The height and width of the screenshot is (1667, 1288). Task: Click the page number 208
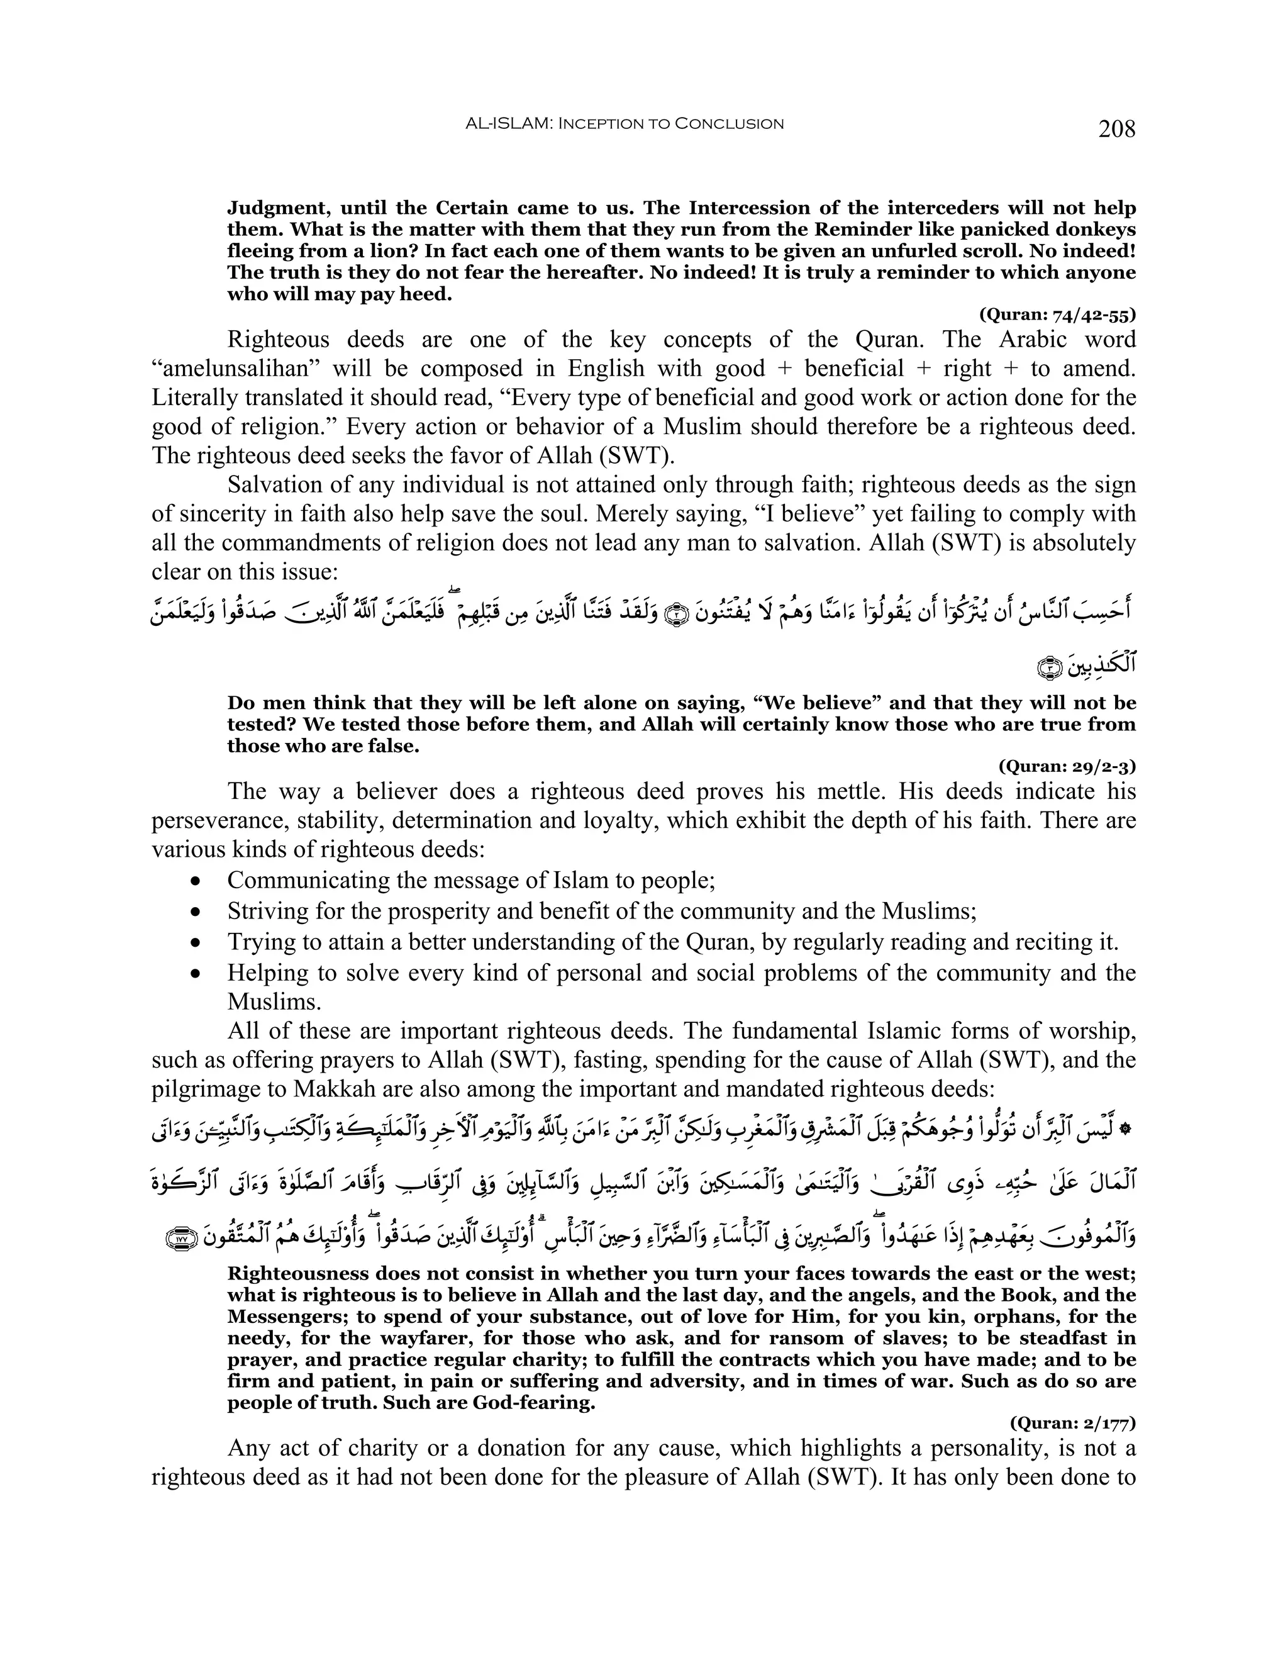(x=1116, y=129)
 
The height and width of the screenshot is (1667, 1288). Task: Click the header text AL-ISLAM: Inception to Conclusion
(x=624, y=124)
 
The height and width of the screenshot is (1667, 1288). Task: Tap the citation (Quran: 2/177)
(x=1072, y=1422)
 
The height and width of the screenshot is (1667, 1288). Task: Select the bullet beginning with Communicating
(x=470, y=880)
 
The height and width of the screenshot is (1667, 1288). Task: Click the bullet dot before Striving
(x=197, y=912)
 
